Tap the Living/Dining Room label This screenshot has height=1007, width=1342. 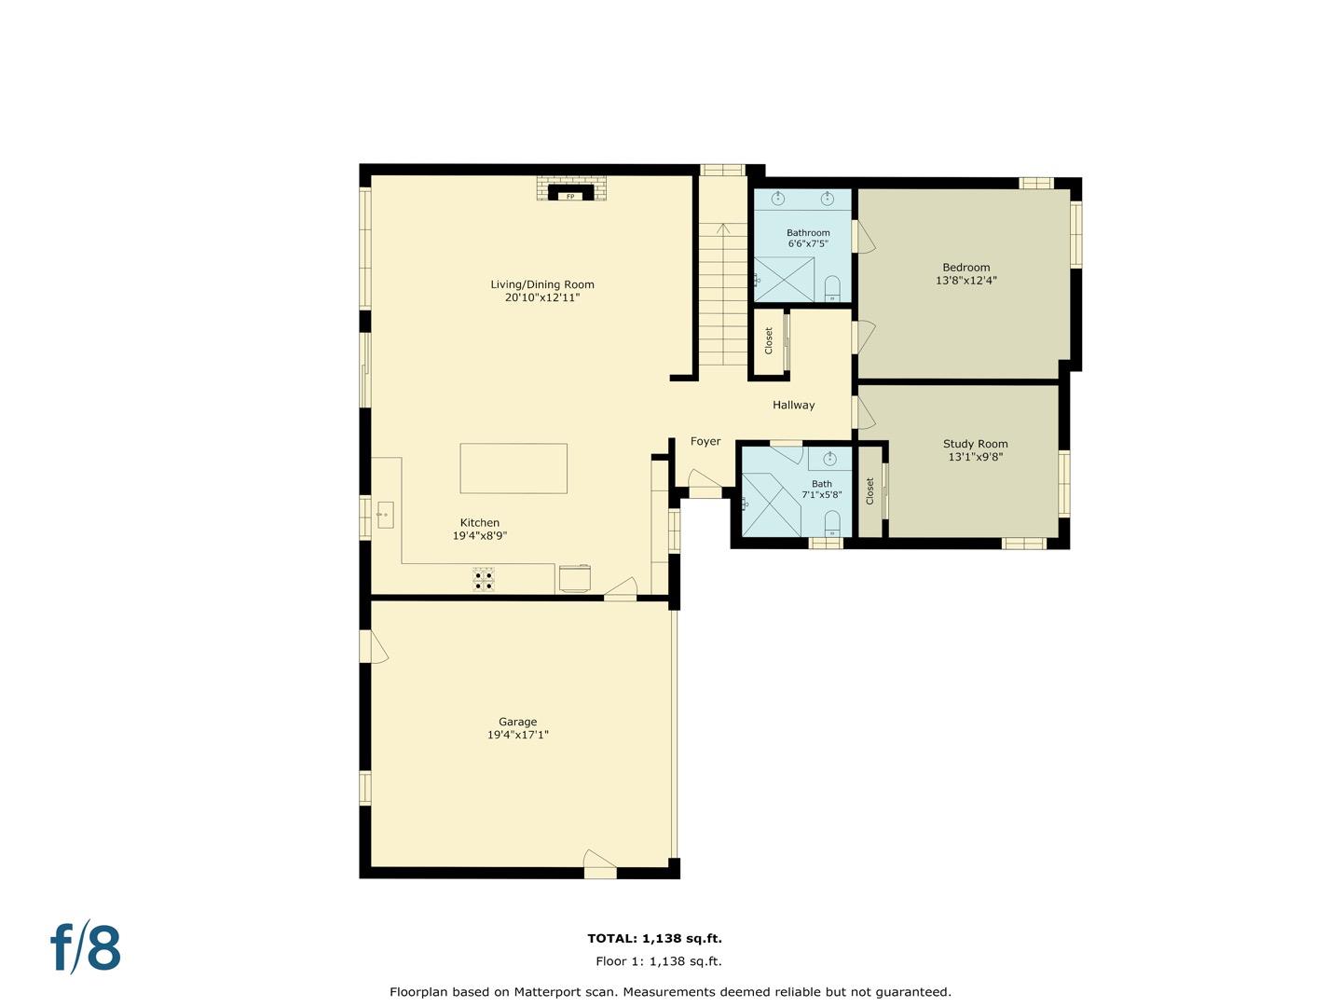(542, 284)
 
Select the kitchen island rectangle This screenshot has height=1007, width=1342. (514, 468)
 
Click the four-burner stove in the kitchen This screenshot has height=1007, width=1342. (484, 579)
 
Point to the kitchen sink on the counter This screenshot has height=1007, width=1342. (385, 515)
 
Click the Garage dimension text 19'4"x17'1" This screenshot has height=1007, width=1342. (518, 735)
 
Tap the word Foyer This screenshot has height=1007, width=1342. (705, 441)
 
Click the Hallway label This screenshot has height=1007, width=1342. (794, 405)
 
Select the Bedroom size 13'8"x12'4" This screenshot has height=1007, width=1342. (966, 281)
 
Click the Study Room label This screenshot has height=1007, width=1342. (975, 444)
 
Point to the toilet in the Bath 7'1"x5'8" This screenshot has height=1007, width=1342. (832, 524)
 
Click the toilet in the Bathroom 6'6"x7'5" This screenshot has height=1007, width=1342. (833, 289)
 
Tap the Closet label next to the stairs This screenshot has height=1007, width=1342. (769, 340)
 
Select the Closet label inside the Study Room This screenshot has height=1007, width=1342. (870, 491)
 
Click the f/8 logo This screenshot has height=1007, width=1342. (86, 945)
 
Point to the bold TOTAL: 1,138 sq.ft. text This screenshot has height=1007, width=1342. (655, 939)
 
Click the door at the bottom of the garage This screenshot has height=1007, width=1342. (600, 864)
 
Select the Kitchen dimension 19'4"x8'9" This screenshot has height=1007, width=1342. (480, 536)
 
